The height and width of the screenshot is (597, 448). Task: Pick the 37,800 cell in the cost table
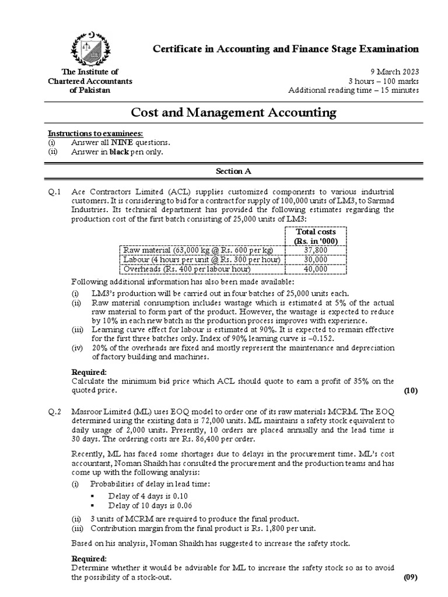point(316,250)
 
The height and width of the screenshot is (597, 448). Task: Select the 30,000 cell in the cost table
point(316,259)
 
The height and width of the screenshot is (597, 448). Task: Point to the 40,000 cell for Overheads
point(316,269)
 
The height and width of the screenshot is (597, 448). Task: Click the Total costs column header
point(316,236)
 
